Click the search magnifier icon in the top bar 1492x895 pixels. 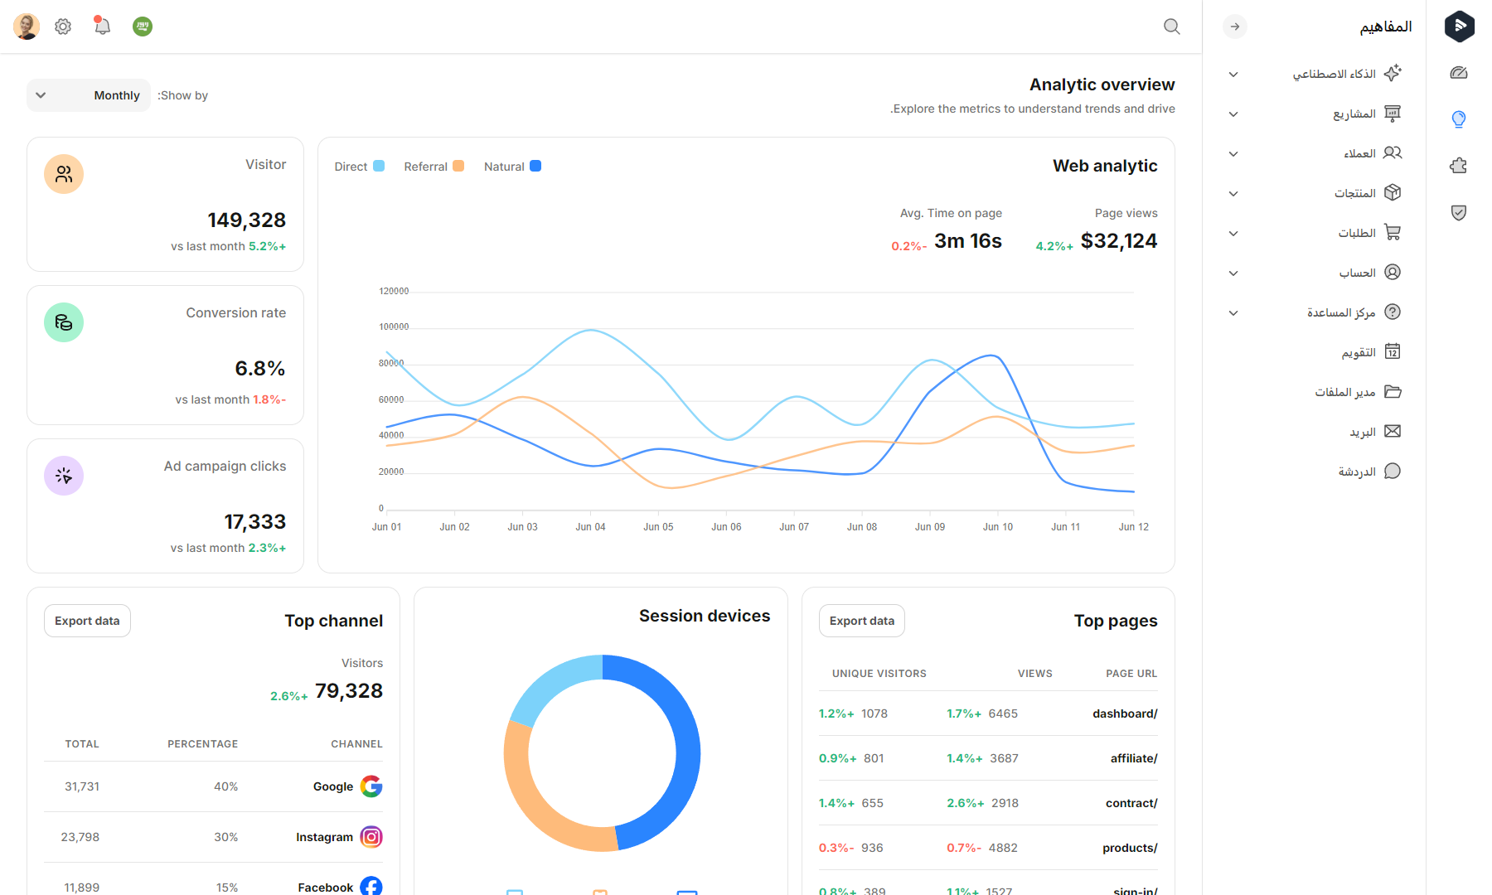[1171, 27]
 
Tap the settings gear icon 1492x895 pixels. [63, 27]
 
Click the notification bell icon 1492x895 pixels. [102, 27]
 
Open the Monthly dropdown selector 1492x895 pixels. [89, 95]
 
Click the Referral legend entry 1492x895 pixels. [434, 167]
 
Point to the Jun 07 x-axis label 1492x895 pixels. [793, 527]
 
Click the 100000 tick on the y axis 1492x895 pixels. [394, 327]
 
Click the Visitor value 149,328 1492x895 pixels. [246, 220]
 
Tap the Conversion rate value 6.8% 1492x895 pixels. [259, 369]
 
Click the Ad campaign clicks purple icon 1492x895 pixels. [64, 476]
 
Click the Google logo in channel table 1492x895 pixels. [371, 786]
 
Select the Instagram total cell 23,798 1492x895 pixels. [80, 837]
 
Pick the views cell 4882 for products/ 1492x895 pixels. [1002, 848]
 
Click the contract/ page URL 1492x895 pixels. [1131, 803]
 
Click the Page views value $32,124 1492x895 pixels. [1118, 241]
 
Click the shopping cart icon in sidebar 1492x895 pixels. [1393, 233]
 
